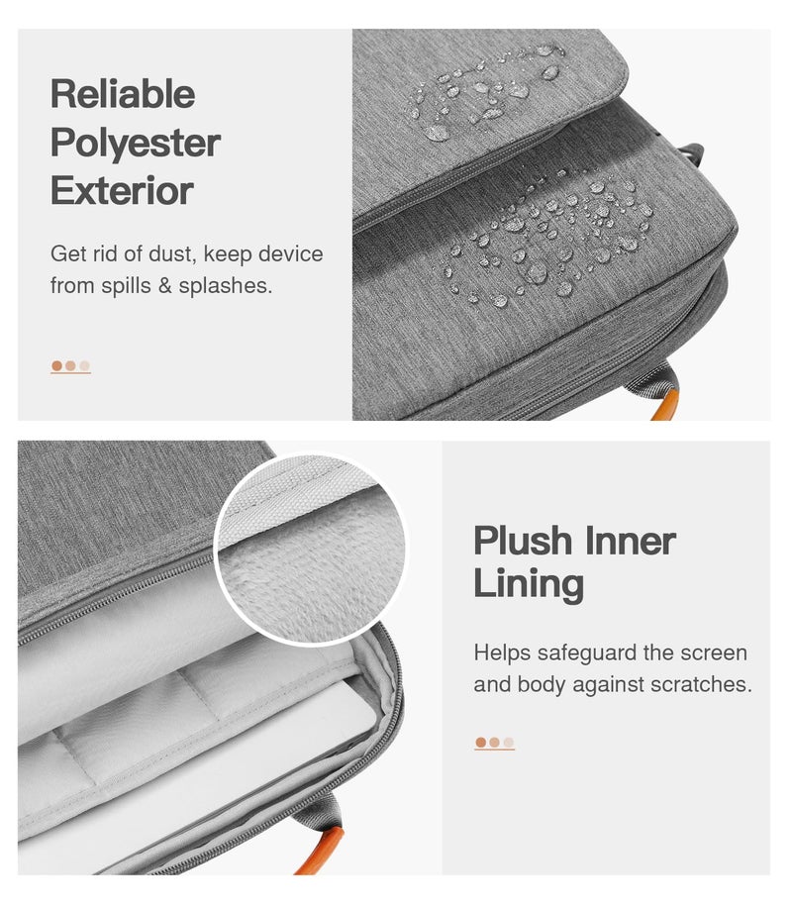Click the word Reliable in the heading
123,93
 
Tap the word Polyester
136,143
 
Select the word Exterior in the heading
122,190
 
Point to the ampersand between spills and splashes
165,285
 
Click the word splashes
225,285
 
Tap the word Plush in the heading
523,542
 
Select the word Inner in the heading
631,541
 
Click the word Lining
529,584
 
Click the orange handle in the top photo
662,403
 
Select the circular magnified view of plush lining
311,549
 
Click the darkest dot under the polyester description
56,365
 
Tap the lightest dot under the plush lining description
508,743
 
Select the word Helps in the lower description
502,653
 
